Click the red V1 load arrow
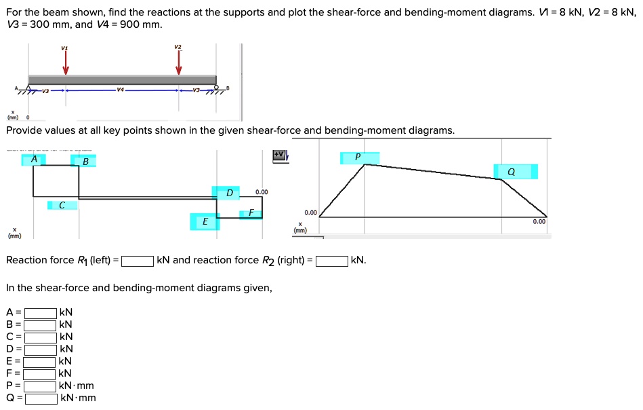pyautogui.click(x=66, y=63)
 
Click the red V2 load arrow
pyautogui.click(x=179, y=62)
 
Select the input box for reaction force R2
pyautogui.click(x=332, y=261)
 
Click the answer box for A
pyautogui.click(x=41, y=313)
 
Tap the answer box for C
pyautogui.click(x=41, y=337)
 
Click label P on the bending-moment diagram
pyautogui.click(x=358, y=157)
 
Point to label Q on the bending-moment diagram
pyautogui.click(x=511, y=172)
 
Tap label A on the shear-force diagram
pyautogui.click(x=34, y=160)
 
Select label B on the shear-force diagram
pyautogui.click(x=85, y=161)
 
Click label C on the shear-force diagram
pyautogui.click(x=62, y=204)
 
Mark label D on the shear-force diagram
pyautogui.click(x=229, y=193)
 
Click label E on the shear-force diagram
pyautogui.click(x=205, y=221)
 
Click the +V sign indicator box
pyautogui.click(x=279, y=155)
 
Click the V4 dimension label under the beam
pyautogui.click(x=120, y=90)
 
